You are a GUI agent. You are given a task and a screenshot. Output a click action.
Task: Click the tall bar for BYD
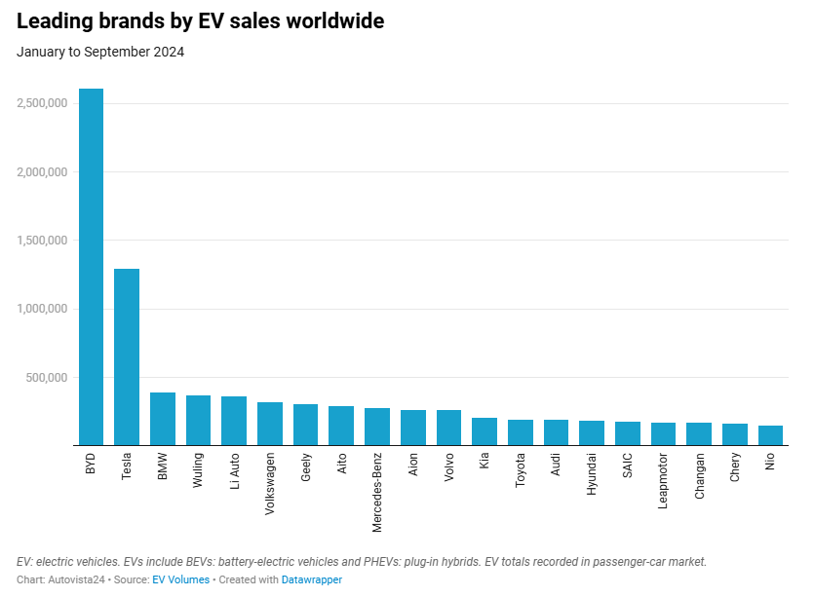91,268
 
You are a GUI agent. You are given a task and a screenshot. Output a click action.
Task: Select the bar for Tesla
127,357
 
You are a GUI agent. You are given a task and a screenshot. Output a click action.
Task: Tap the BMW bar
163,419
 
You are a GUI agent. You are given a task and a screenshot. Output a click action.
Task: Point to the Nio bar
771,435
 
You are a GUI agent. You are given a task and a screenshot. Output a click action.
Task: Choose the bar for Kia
485,431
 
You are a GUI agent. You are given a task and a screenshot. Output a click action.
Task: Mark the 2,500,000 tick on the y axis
41,103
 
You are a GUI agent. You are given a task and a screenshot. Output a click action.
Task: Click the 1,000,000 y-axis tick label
41,309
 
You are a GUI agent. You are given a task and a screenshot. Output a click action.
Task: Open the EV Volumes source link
180,579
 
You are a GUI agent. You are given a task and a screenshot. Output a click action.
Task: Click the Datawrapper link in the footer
312,579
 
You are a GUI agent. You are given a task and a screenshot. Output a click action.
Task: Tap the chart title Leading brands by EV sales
200,21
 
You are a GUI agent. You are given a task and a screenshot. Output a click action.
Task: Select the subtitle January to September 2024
100,52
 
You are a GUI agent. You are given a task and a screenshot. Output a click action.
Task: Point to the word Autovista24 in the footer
77,579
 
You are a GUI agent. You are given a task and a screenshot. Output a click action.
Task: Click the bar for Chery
735,434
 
